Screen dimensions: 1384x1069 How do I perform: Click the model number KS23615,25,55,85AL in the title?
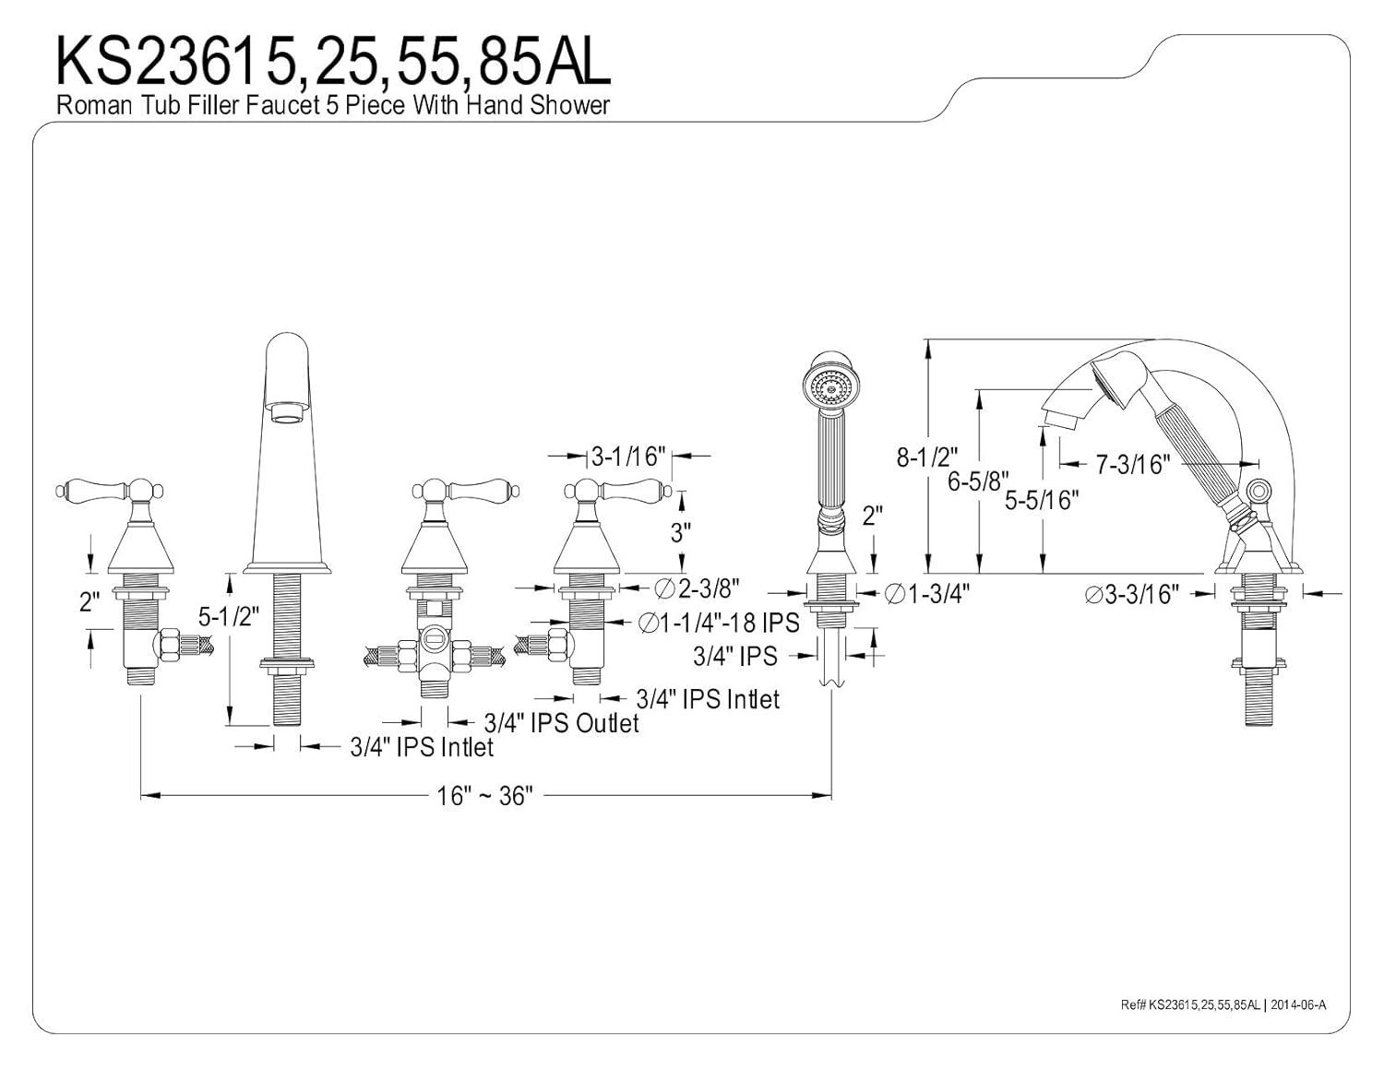[x=333, y=61]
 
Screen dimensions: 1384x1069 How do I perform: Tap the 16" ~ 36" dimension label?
[x=484, y=796]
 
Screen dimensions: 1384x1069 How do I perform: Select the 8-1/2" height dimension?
[x=926, y=457]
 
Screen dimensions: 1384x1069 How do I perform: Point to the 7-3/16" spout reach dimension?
[x=1133, y=465]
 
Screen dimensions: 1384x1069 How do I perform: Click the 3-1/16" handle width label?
[x=628, y=457]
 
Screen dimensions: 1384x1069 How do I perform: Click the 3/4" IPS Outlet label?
[x=561, y=722]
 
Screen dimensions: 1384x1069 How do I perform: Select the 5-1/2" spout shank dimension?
[x=230, y=616]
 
